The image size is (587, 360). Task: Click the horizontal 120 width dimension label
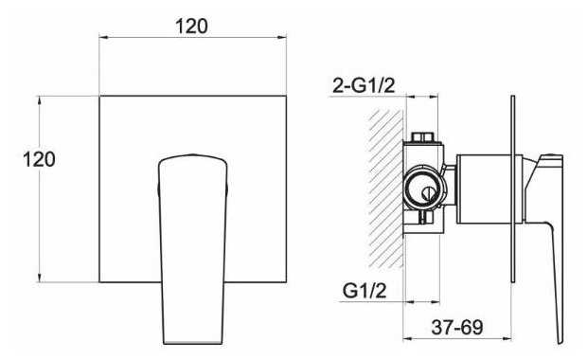coord(191,27)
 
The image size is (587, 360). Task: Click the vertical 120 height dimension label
coord(39,159)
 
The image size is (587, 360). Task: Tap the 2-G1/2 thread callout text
coord(364,86)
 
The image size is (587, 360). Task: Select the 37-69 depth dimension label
coord(457,327)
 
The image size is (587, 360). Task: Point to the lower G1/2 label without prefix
coord(365,290)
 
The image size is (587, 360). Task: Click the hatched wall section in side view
coord(385,189)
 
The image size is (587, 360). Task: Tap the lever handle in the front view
coord(192,249)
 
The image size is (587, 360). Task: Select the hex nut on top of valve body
coord(424,137)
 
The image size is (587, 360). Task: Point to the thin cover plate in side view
coord(513,189)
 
